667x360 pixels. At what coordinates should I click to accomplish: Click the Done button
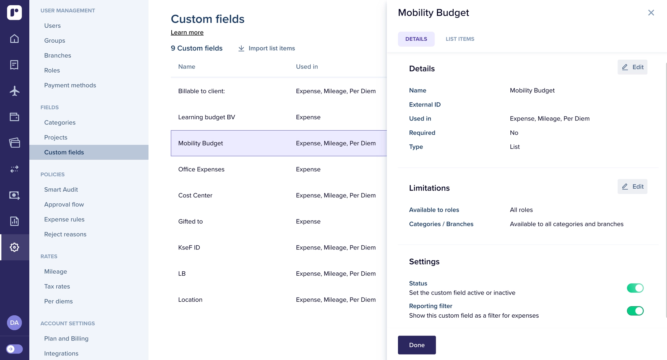tap(417, 345)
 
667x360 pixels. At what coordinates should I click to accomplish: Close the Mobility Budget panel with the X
tap(651, 13)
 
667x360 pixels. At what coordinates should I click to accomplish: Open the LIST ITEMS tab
tap(460, 39)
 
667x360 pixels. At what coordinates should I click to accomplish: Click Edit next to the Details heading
tap(632, 67)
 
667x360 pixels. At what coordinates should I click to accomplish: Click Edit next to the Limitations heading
tap(632, 187)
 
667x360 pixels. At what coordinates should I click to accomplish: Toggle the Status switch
tap(635, 288)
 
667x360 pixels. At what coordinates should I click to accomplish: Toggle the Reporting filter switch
tap(635, 311)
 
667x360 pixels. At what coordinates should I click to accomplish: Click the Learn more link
tap(187, 33)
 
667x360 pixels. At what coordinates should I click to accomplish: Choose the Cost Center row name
tap(195, 195)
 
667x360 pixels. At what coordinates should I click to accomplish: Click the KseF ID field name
tap(189, 248)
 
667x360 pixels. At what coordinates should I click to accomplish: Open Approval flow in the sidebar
tap(64, 205)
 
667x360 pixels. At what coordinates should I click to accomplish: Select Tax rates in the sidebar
tap(57, 286)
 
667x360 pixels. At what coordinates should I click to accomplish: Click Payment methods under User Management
tap(70, 85)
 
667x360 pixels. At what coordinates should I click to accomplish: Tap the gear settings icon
tap(14, 247)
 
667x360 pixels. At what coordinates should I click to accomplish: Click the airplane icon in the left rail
tap(14, 91)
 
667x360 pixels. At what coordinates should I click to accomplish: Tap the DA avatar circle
tap(14, 323)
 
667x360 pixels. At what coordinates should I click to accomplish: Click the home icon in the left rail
tap(14, 39)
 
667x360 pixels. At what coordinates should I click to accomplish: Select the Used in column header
tap(306, 67)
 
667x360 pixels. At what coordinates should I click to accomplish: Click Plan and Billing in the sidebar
tap(66, 338)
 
